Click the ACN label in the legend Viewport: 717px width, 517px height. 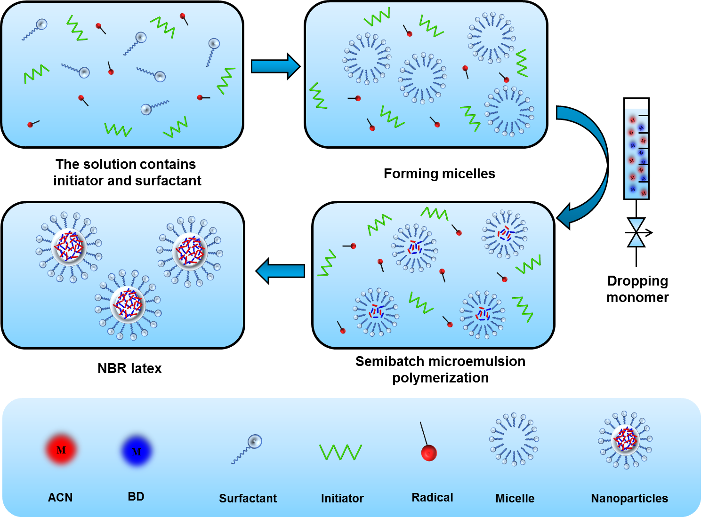point(60,497)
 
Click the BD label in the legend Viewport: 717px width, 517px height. point(136,496)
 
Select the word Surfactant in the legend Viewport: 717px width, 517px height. point(248,498)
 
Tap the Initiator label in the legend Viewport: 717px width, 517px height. point(342,498)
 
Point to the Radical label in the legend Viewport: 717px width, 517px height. point(432,497)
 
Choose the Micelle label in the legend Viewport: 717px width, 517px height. point(515,498)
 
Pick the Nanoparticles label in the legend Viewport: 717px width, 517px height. point(629,498)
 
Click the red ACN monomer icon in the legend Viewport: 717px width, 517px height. point(61,450)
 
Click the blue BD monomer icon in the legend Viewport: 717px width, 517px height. point(137,451)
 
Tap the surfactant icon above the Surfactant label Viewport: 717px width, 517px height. point(248,448)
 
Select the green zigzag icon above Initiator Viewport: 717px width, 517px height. point(340,452)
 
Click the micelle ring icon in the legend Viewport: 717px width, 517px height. point(514,439)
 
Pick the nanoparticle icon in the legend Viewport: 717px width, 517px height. point(625,440)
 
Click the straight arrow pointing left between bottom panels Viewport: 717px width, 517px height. point(281,271)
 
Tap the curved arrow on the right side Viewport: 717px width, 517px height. point(588,165)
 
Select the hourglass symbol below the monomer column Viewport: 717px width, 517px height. point(636,232)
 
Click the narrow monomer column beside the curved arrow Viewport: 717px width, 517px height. point(636,154)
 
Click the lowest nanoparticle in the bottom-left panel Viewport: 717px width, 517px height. point(128,305)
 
